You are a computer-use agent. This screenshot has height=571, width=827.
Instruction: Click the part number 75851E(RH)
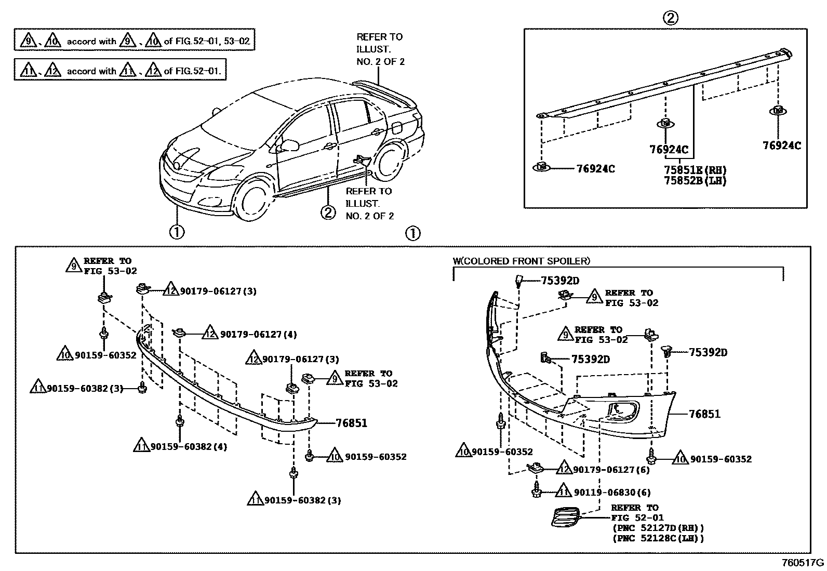[x=695, y=170]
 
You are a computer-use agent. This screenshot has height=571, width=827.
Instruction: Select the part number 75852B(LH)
[x=695, y=181]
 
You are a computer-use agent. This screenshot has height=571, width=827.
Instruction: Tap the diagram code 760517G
[x=803, y=562]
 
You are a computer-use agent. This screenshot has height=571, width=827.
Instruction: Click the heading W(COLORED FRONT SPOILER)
[x=522, y=261]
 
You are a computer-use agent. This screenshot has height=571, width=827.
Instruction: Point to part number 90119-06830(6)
[x=612, y=492]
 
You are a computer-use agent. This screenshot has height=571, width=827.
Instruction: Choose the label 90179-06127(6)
[x=611, y=470]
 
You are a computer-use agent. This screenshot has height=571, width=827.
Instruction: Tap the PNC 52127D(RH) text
[x=658, y=528]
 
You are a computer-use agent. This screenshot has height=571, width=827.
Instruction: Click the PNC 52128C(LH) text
[x=658, y=538]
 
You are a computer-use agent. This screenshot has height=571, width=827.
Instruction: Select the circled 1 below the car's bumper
[x=177, y=231]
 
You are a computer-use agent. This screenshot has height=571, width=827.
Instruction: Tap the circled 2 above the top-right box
[x=670, y=18]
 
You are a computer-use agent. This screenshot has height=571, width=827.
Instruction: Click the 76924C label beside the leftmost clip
[x=595, y=169]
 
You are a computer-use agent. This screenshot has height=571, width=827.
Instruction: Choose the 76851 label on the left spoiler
[x=351, y=423]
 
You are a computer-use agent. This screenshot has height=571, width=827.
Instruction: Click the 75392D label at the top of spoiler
[x=560, y=281]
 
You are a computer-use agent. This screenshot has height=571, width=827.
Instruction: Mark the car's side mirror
[x=289, y=144]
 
